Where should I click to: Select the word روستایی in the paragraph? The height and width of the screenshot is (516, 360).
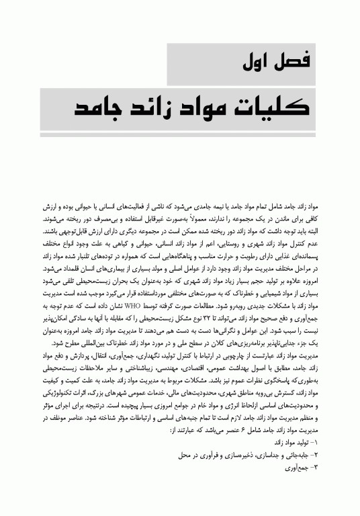click(x=216, y=240)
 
